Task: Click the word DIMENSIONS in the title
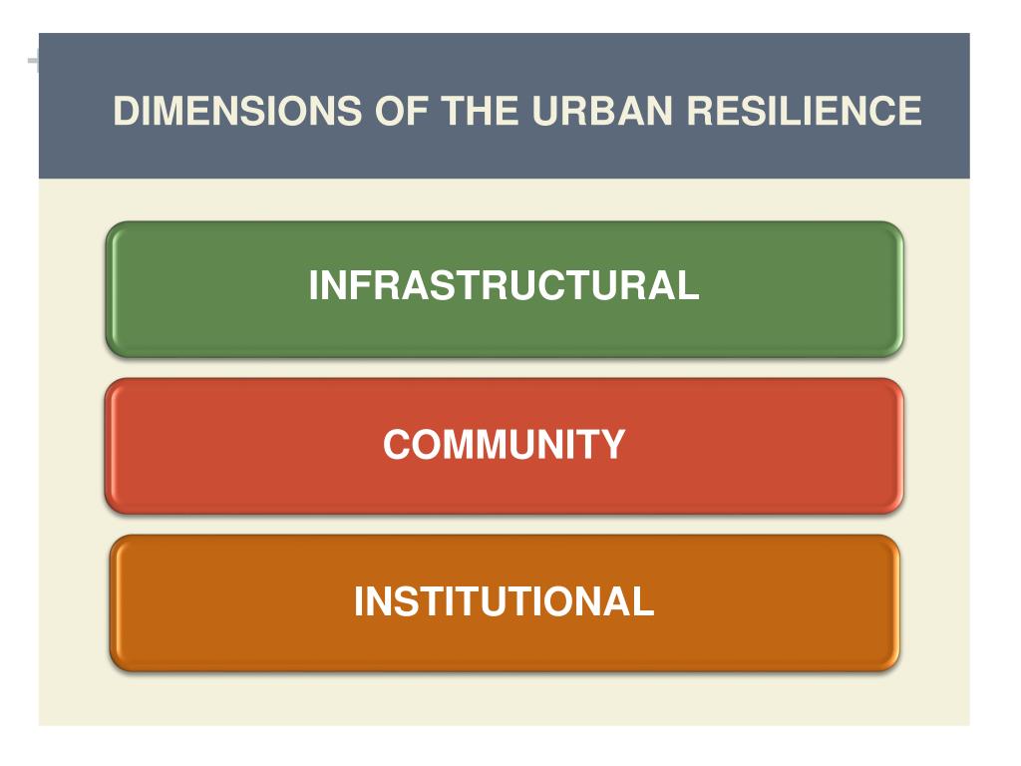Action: (238, 111)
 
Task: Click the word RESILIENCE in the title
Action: (804, 111)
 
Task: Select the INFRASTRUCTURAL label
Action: (504, 286)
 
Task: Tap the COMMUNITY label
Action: (504, 445)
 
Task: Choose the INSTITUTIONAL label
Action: (504, 602)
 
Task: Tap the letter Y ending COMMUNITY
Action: (613, 445)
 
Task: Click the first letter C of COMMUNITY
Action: (397, 445)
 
